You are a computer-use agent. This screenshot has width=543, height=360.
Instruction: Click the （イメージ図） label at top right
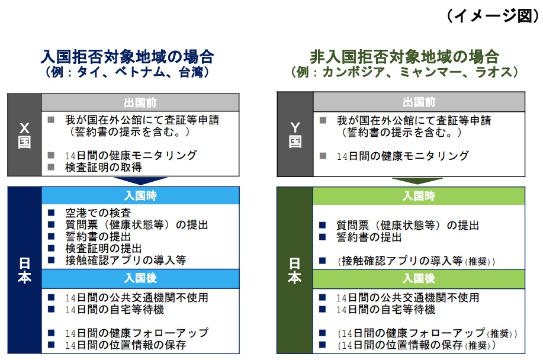click(x=493, y=15)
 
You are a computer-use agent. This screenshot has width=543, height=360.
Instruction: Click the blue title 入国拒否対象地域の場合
click(x=127, y=56)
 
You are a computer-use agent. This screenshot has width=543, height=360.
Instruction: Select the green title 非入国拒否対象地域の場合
click(x=404, y=56)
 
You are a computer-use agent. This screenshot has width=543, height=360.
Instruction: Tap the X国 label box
click(x=24, y=134)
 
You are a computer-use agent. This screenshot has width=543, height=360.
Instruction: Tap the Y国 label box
click(x=295, y=134)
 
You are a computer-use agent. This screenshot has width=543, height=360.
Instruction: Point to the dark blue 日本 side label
click(x=25, y=270)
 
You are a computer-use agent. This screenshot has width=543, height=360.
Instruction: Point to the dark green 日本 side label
click(x=295, y=270)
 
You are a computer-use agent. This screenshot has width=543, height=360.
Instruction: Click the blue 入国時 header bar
click(x=140, y=195)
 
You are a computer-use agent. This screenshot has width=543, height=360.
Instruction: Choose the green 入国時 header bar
click(x=419, y=196)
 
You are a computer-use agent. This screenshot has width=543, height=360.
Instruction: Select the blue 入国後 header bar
click(x=140, y=278)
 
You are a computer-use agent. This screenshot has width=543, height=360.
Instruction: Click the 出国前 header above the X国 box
click(x=140, y=102)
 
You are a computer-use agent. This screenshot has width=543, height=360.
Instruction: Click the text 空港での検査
click(x=98, y=213)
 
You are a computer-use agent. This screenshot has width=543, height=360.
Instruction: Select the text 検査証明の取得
click(x=104, y=167)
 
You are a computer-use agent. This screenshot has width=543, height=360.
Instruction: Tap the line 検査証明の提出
click(x=104, y=248)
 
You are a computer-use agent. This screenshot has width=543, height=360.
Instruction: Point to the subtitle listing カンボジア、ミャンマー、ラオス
click(x=404, y=72)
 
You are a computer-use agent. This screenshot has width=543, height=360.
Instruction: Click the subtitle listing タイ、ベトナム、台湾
click(x=127, y=72)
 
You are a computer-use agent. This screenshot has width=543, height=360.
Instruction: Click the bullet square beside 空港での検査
click(x=52, y=213)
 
